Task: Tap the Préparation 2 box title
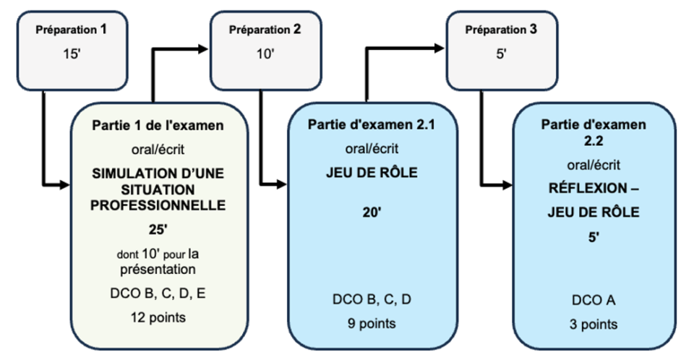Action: coord(265,30)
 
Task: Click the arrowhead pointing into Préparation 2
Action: coord(205,51)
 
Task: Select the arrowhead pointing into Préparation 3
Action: coord(442,48)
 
